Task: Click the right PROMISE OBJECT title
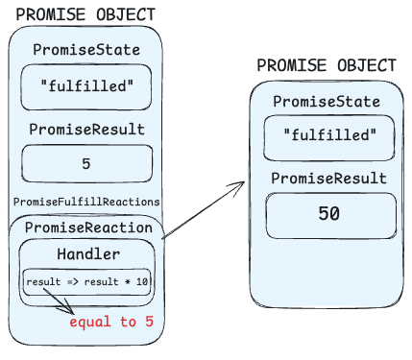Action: pos(326,65)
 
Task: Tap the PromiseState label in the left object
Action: pos(85,50)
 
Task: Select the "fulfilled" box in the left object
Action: pos(85,87)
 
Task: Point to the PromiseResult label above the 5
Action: pos(86,130)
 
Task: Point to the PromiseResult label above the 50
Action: pos(328,179)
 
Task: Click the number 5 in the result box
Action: pos(86,163)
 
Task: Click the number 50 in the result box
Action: pos(328,214)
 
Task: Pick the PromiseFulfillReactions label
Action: pos(86,202)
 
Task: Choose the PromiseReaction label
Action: pos(88,228)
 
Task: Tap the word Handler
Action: pos(88,254)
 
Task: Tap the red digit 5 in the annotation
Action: pos(149,322)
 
